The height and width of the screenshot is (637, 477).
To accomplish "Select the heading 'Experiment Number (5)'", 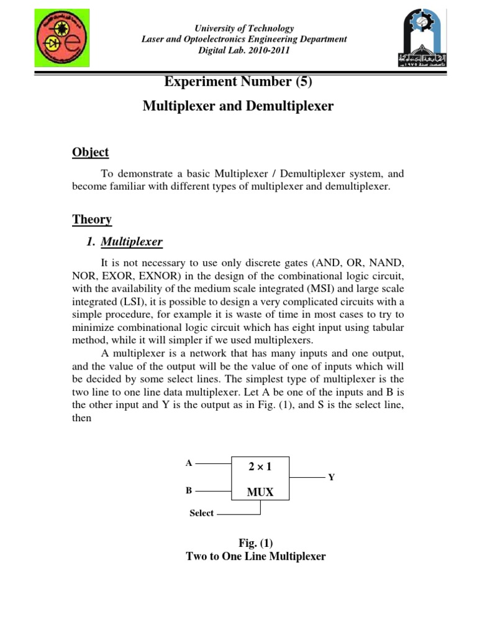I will click(x=238, y=81).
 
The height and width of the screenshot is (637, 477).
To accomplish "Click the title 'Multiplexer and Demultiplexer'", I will click(x=238, y=106).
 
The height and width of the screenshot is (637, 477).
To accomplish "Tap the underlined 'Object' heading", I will click(x=90, y=152).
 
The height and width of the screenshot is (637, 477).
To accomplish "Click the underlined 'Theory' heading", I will click(x=91, y=219).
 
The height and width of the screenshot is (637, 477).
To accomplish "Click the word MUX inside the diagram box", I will click(x=261, y=492).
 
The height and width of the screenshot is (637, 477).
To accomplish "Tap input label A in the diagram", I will click(x=189, y=463).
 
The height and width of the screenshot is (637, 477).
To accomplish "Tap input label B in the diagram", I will click(x=189, y=490).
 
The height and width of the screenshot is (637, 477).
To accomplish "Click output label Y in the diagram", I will click(x=331, y=477).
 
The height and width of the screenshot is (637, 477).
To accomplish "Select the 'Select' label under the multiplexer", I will click(x=201, y=514).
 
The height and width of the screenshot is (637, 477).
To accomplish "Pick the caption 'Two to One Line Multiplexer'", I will click(x=255, y=557).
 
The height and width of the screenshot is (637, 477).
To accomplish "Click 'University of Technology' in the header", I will click(x=244, y=29).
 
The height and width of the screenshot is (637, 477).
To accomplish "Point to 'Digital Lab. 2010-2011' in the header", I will click(x=244, y=50).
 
